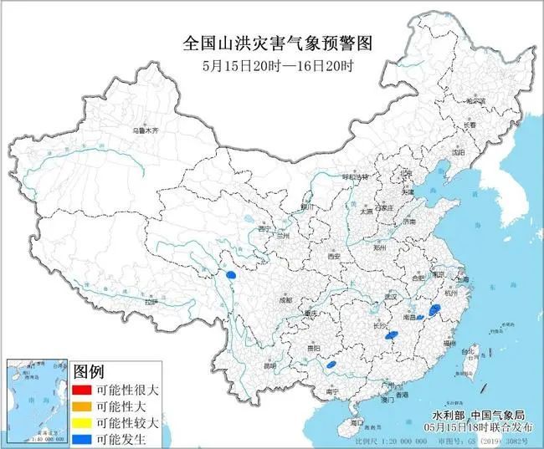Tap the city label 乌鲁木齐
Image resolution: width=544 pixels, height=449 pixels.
click(x=145, y=131)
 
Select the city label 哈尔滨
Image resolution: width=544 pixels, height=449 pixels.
click(x=475, y=101)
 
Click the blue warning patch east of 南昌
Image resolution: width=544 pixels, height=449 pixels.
click(x=434, y=310)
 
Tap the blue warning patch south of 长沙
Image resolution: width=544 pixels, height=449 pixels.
click(x=391, y=336)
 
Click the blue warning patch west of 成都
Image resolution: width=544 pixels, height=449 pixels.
click(x=233, y=273)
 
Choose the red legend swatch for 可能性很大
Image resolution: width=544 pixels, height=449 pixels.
click(x=81, y=390)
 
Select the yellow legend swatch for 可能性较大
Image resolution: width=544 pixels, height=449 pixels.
click(x=81, y=421)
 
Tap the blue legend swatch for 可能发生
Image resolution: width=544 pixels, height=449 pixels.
click(x=81, y=437)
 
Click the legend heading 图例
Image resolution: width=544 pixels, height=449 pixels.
click(x=89, y=370)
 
